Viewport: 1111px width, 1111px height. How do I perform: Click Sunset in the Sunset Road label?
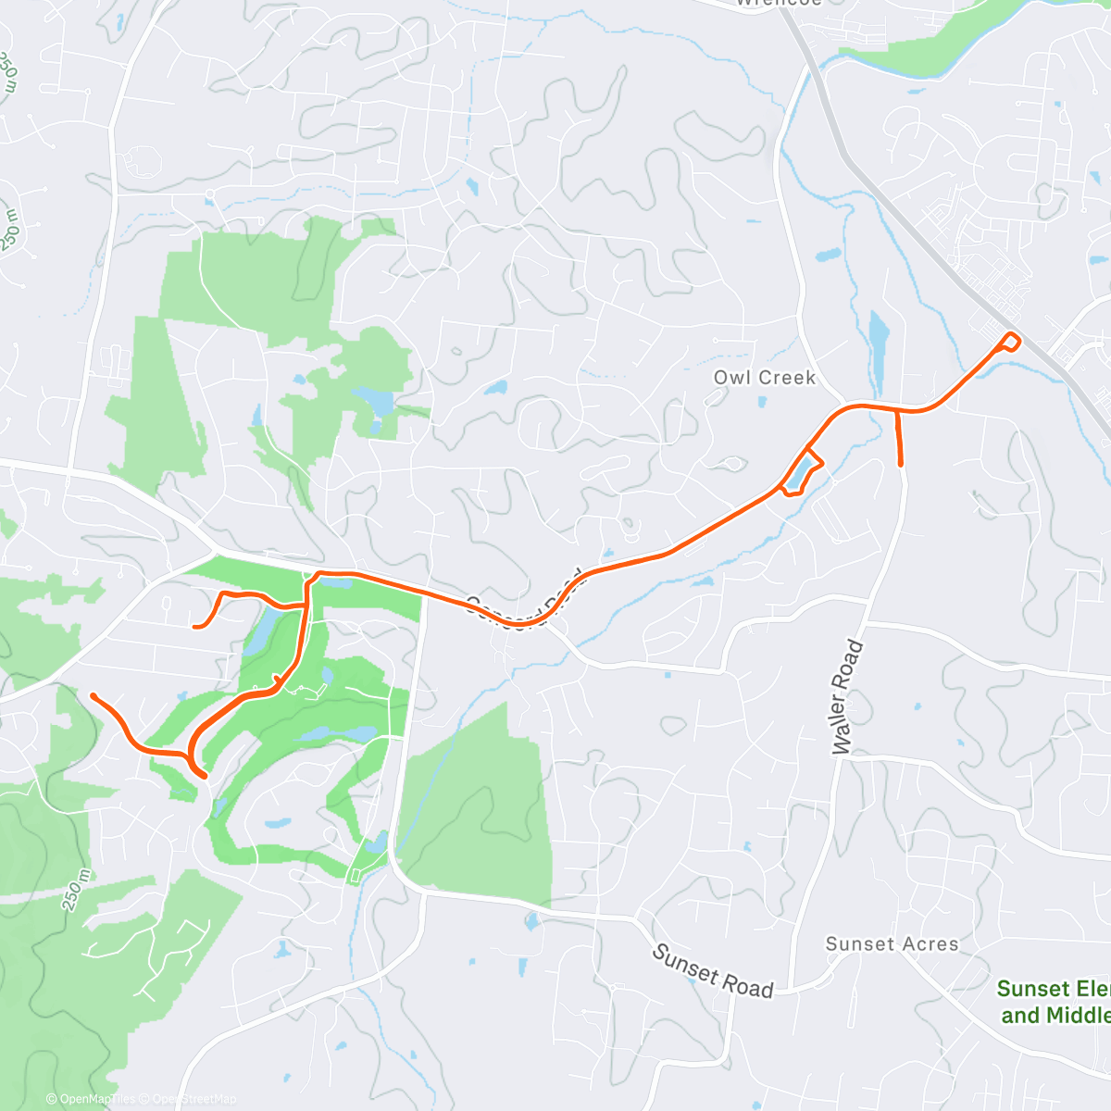point(686,964)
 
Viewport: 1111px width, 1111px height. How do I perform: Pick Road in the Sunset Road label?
point(748,988)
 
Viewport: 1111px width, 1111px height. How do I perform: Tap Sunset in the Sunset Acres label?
point(860,944)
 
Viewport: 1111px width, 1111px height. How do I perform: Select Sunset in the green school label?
point(1028,989)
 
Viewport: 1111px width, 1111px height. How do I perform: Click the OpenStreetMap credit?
point(193,1099)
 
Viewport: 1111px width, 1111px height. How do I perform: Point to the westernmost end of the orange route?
point(93,694)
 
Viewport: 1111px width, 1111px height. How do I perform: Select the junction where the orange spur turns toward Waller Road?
point(897,410)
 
